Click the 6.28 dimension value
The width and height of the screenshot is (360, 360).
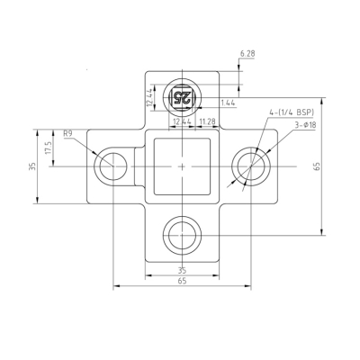[247, 54]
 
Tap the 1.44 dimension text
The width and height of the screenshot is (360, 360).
[228, 103]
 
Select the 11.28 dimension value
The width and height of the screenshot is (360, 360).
[207, 121]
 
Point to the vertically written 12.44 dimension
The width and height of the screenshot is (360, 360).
[149, 97]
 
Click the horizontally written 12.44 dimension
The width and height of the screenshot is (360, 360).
[182, 121]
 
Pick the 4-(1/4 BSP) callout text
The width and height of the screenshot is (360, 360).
[292, 112]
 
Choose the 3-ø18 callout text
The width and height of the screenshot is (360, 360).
[305, 125]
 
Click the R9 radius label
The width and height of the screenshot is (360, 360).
[67, 133]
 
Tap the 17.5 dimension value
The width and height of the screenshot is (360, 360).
[49, 148]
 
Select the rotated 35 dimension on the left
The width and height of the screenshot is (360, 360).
[32, 166]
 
